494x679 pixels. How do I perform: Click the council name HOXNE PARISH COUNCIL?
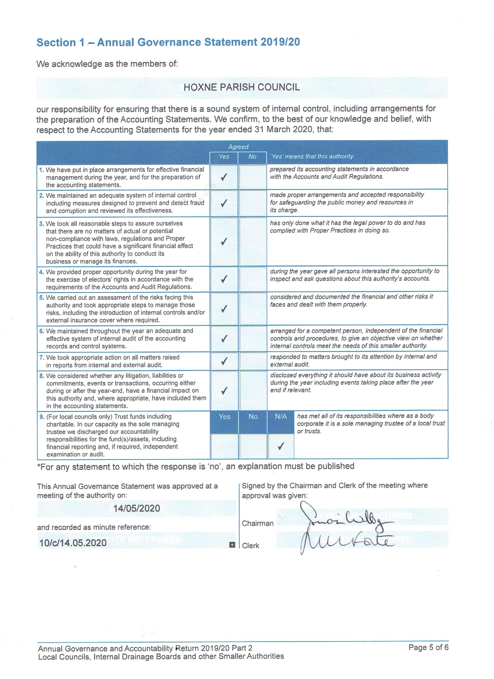(241, 87)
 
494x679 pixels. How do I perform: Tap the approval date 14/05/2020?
(137, 508)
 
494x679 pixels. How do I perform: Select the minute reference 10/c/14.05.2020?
(73, 543)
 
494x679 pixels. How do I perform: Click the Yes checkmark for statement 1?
(223, 177)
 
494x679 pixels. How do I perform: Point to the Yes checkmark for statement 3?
(223, 241)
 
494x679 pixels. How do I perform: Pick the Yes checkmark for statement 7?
(224, 361)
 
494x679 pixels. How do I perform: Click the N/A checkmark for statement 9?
(280, 447)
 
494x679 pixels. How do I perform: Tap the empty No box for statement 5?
(253, 309)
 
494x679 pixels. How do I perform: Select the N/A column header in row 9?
(281, 416)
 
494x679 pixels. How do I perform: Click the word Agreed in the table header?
(238, 147)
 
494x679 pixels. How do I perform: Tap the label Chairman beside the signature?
(258, 523)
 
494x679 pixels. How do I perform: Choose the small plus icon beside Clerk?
(232, 545)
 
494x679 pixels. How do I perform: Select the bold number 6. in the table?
(42, 331)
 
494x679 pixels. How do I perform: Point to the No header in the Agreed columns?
(252, 157)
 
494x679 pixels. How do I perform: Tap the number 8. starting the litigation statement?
(42, 376)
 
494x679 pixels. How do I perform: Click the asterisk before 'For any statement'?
(39, 467)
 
